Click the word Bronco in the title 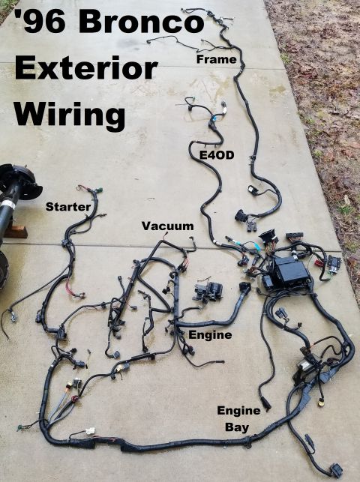pos(142,22)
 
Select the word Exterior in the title pos(86,68)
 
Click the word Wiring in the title pos(70,115)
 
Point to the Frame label pos(217,59)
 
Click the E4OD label pos(217,155)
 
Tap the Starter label pos(68,207)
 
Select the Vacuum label pos(167,226)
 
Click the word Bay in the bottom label pos(237,427)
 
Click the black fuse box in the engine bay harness pos(290,272)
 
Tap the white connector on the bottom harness pos(90,431)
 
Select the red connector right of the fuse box pos(316,263)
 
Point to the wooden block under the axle pos(15,231)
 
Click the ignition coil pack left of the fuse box pos(208,292)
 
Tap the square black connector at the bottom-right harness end pos(336,469)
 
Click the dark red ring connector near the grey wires pos(75,400)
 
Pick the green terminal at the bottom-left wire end pos(20,427)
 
